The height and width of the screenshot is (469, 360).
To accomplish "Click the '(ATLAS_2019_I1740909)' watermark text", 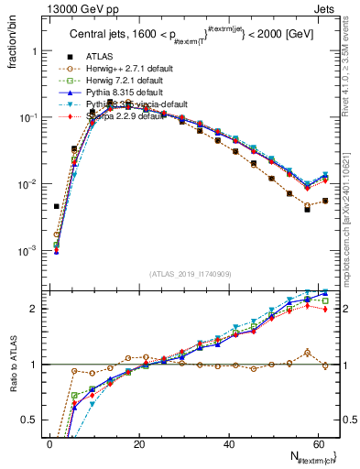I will point(190,274).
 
